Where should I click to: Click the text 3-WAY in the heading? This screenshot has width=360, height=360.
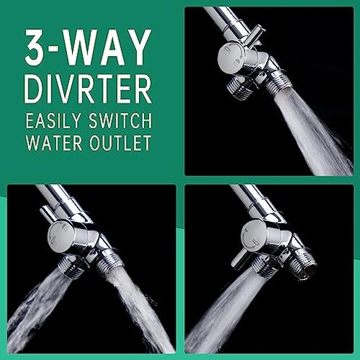click(x=89, y=48)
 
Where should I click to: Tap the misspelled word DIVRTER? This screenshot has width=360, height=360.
click(x=89, y=89)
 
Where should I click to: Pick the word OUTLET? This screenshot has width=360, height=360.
click(x=119, y=143)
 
